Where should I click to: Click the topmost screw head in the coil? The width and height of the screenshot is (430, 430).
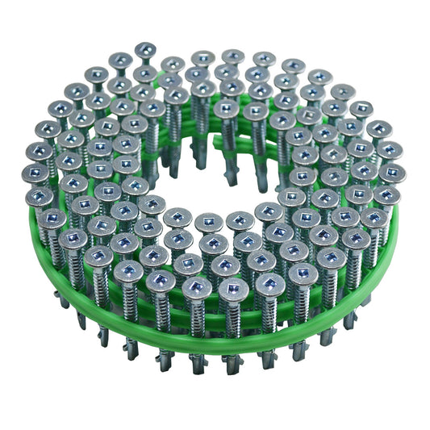(x=146, y=50)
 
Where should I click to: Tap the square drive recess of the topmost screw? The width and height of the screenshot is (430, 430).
(x=146, y=49)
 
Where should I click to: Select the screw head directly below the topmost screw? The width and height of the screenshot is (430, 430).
(x=145, y=74)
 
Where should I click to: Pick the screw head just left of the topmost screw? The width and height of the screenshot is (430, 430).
(x=121, y=61)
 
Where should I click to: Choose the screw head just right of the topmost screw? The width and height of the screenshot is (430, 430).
(x=173, y=64)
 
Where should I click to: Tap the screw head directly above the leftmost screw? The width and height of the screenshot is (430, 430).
(x=38, y=151)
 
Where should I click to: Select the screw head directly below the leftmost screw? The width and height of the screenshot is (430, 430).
(x=40, y=196)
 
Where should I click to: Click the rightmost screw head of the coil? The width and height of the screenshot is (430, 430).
(x=393, y=173)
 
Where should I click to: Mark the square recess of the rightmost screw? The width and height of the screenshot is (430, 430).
(x=393, y=173)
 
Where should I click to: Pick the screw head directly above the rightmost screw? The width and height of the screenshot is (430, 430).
(x=389, y=150)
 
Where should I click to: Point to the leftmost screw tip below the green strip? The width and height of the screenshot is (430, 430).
(x=64, y=298)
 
